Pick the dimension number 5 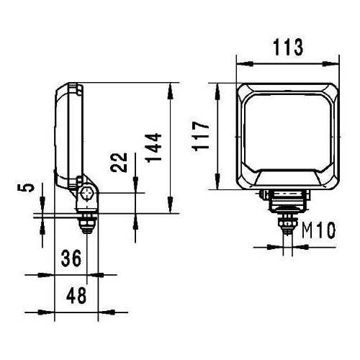pyautogui.click(x=28, y=188)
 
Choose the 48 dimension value pyautogui.click(x=76, y=295)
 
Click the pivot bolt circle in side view pyautogui.click(x=87, y=193)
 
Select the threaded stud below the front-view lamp pyautogui.click(x=288, y=220)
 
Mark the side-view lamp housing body pyautogui.click(x=68, y=137)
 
